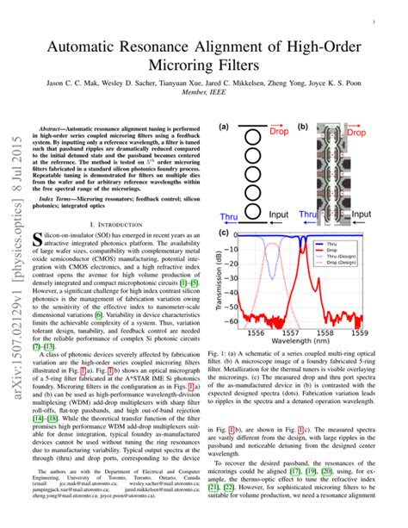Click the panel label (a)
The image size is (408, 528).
(x=225, y=126)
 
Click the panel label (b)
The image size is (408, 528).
(x=304, y=126)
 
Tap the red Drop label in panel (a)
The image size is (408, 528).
(x=279, y=134)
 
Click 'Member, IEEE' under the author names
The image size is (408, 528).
(x=203, y=102)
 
